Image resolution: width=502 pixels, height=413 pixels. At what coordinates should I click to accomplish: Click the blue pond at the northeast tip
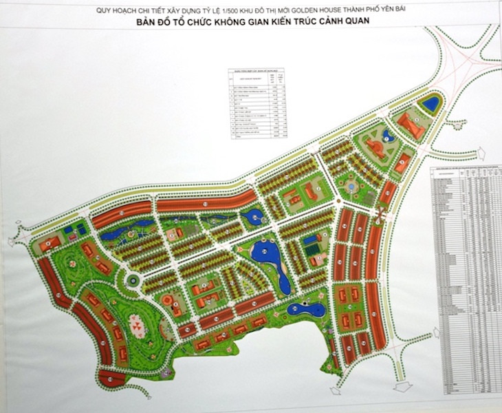tap(432, 104)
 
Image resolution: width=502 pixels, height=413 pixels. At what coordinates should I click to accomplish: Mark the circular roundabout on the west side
tap(133, 279)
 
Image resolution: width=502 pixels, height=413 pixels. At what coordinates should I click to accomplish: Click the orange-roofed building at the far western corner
tap(50, 244)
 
